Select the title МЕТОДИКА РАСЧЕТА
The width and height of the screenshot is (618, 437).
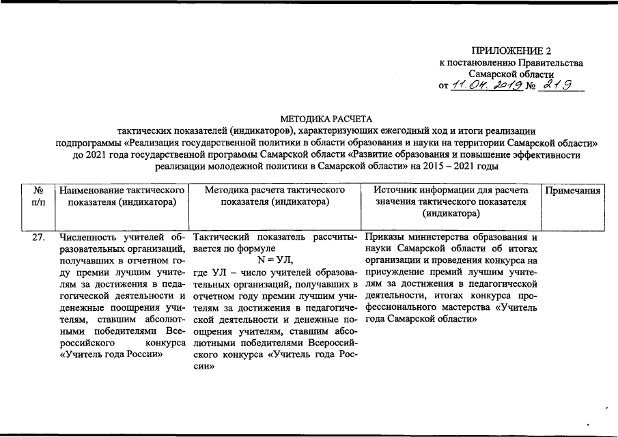(326, 119)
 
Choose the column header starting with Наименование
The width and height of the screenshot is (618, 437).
(122, 197)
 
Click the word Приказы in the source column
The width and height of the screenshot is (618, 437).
(386, 238)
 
